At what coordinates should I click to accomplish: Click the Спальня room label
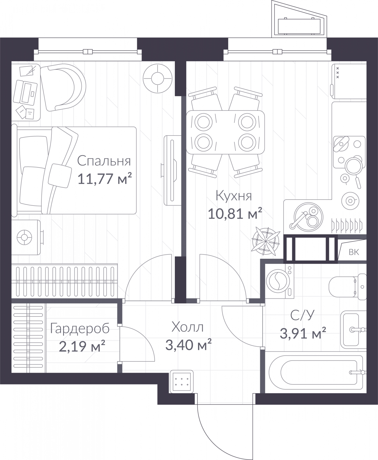point(104,161)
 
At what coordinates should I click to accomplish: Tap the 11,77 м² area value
point(105,179)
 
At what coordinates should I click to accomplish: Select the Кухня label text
point(234,196)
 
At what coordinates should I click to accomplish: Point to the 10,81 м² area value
point(235,213)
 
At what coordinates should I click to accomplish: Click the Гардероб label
point(80,329)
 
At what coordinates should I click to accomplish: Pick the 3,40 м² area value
point(189,345)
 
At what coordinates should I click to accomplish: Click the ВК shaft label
point(354,252)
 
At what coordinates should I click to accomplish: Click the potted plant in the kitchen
point(266,241)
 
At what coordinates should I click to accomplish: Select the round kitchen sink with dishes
point(308,217)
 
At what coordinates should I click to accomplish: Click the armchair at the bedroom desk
point(63,87)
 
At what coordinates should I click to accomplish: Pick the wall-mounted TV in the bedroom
point(172,170)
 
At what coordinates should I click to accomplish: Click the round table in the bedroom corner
point(158,78)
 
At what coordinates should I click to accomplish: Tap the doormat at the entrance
point(182,382)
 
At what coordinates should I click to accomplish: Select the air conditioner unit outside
point(299,26)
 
